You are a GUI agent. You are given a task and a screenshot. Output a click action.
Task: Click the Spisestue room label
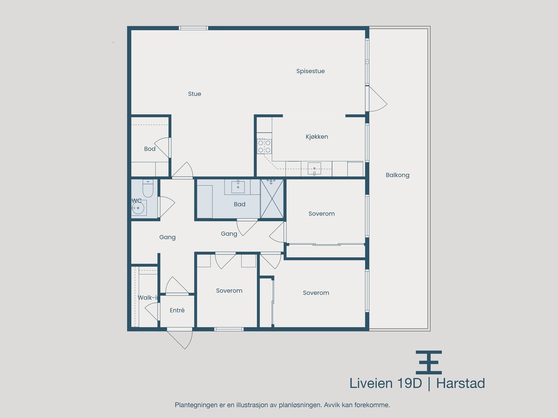coord(310,71)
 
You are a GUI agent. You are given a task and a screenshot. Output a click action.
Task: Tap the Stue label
coord(195,94)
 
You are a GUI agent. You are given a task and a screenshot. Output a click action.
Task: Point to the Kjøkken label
coord(317,137)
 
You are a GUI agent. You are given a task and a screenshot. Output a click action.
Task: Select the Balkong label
coord(397,175)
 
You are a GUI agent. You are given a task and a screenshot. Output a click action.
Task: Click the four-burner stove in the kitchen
coord(264,146)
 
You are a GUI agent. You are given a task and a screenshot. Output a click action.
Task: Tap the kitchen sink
coord(314,169)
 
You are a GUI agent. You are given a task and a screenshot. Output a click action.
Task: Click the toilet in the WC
coord(148,188)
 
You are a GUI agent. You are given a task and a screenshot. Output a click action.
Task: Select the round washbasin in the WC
coord(138,208)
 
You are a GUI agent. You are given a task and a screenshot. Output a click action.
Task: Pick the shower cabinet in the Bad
coord(272,199)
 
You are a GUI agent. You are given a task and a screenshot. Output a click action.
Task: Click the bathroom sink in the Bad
coord(238,187)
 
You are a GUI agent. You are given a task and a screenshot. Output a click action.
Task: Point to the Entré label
coord(177,310)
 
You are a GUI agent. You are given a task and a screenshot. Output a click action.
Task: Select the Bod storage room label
coord(150,149)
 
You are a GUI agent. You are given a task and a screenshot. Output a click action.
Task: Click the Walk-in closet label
coord(148,298)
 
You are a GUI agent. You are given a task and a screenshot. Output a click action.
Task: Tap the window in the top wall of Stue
coord(194,28)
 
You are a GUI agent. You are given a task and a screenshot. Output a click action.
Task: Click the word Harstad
coord(461,384)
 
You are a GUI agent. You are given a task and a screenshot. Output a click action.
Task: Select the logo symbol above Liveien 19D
coord(429,362)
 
